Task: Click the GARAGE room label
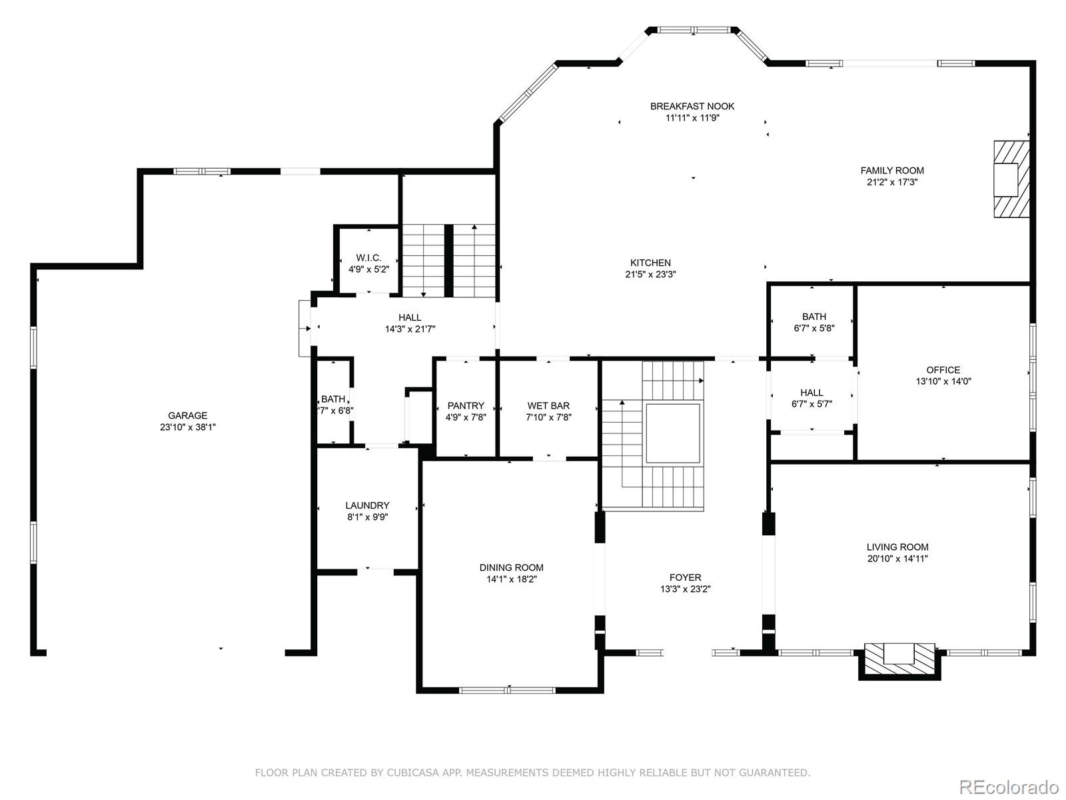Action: pos(187,415)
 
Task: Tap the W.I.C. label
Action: pos(368,257)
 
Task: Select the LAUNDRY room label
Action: pos(367,505)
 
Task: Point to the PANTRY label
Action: pos(466,405)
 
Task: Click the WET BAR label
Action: pos(548,405)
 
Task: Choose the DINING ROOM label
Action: pos(512,567)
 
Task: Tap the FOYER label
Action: pos(686,577)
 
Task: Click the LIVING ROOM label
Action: pos(897,547)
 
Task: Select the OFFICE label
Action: pos(943,369)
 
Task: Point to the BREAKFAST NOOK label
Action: pos(692,106)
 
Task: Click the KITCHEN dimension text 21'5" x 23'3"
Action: pos(650,275)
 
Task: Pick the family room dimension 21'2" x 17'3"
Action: pos(892,182)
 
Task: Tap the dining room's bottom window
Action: pos(507,690)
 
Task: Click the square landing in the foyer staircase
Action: pos(673,433)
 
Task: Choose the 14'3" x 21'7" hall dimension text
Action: pos(410,329)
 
